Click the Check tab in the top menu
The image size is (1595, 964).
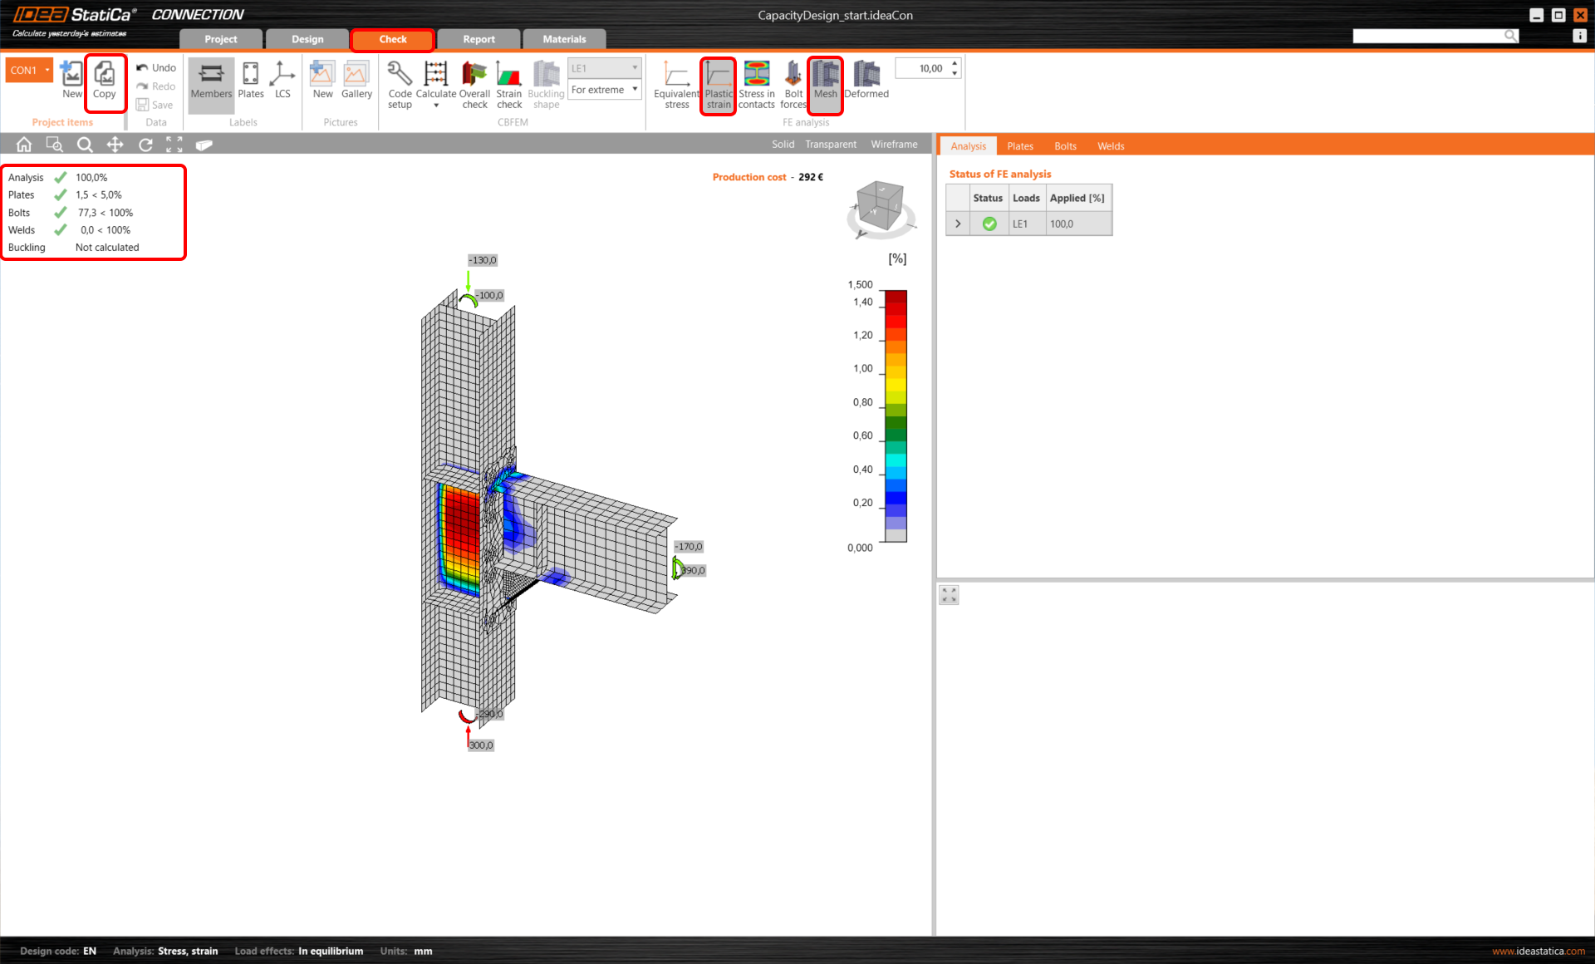[392, 39]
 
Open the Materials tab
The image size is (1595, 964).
[564, 39]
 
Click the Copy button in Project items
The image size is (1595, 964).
[105, 81]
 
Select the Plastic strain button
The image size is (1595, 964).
[719, 84]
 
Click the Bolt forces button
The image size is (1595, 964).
[793, 84]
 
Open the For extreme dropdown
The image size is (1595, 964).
[605, 90]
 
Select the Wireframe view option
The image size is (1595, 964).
[894, 145]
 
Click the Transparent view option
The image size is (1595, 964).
[831, 145]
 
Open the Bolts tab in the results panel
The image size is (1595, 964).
[1065, 146]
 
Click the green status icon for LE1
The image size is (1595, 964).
[989, 224]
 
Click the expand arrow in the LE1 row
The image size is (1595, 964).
[958, 224]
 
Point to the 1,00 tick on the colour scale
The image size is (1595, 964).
[863, 369]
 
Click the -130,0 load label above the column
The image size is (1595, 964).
[483, 260]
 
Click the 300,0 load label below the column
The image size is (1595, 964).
[481, 745]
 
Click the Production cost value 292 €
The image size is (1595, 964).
[811, 177]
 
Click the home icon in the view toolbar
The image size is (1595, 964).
[24, 145]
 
